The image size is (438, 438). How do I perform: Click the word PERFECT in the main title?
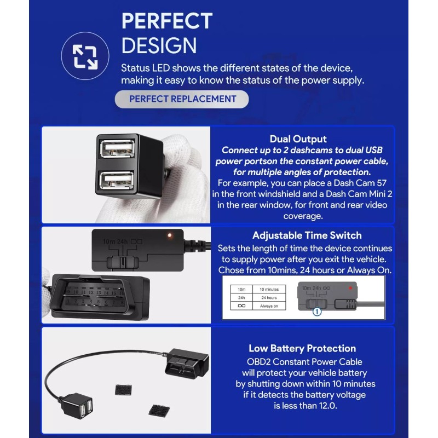click(x=166, y=21)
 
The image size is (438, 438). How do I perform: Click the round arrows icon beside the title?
click(x=85, y=56)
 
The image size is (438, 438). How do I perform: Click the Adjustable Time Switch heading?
click(x=307, y=235)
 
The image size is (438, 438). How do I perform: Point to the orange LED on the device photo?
click(x=170, y=235)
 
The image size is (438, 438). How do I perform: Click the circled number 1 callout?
click(x=316, y=312)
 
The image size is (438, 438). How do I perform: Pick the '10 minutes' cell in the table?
click(x=269, y=289)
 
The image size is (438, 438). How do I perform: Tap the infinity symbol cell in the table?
click(x=241, y=306)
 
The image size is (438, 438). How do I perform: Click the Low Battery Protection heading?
click(x=302, y=348)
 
